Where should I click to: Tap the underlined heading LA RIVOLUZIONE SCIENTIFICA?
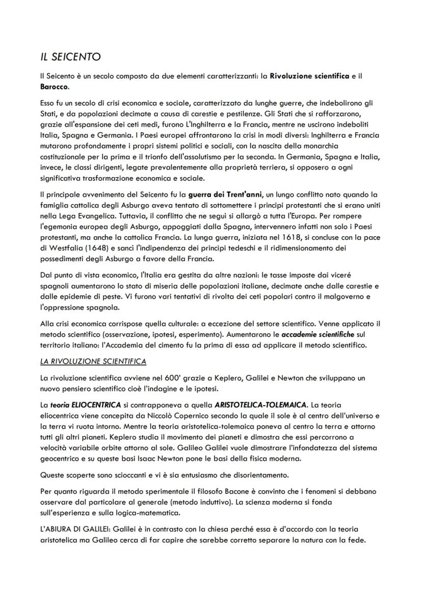click(93, 362)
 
